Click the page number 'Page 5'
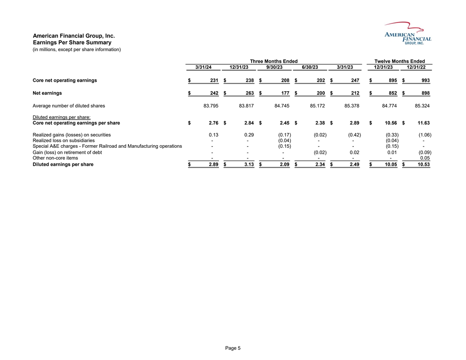coord(233,348)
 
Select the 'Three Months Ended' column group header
coord(274,61)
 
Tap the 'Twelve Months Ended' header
coord(399,61)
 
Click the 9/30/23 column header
coord(274,67)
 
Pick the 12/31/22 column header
coord(416,67)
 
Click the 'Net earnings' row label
coord(47,93)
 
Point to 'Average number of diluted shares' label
coord(69,106)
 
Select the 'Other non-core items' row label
coord(56,158)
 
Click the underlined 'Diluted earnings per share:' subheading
coord(62,117)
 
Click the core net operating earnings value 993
coord(425,80)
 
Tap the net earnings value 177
coord(284,93)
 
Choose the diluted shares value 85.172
coord(318,106)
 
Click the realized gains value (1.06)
coord(425,135)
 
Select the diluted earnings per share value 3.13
coord(248,165)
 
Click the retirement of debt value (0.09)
coord(425,152)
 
